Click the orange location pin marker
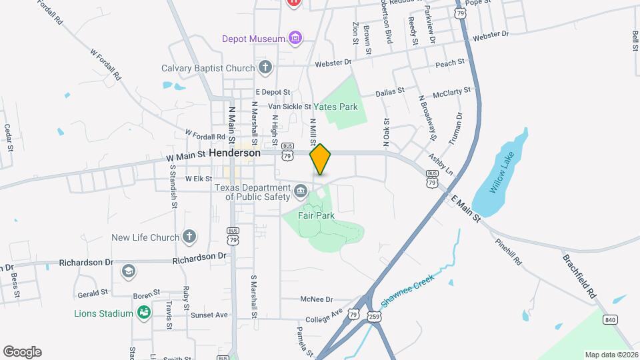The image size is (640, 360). click(x=321, y=159)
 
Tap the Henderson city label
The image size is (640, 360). click(x=234, y=153)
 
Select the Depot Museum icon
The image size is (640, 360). click(x=295, y=39)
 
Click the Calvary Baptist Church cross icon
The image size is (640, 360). click(x=265, y=67)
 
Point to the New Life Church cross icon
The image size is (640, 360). click(x=190, y=237)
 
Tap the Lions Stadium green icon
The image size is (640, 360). click(x=143, y=312)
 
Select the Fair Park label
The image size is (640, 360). click(x=316, y=215)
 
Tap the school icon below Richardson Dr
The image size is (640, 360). click(x=128, y=271)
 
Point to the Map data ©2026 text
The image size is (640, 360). click(x=611, y=355)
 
